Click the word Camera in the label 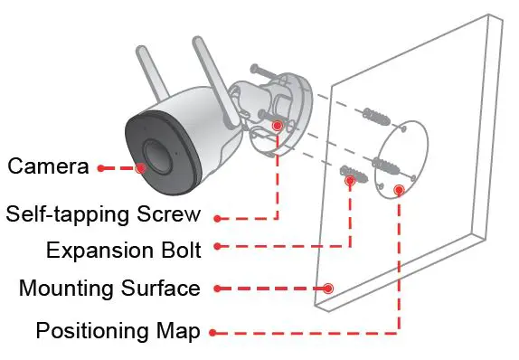pyautogui.click(x=48, y=167)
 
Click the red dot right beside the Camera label pyautogui.click(x=100, y=167)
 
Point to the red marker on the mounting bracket pyautogui.click(x=277, y=127)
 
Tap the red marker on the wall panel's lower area pyautogui.click(x=328, y=289)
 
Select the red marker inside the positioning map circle pyautogui.click(x=399, y=190)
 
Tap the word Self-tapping pyautogui.click(x=64, y=215)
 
